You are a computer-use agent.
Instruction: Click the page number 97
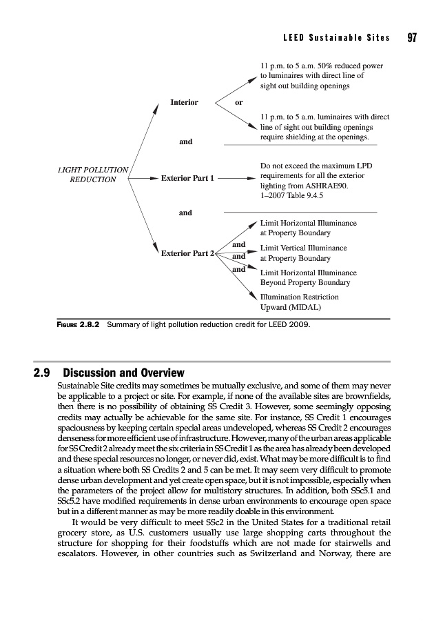tap(412, 37)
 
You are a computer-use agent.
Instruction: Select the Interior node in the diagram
tap(184, 102)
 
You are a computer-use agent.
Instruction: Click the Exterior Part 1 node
tap(188, 178)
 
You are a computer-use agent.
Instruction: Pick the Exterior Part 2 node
tap(188, 253)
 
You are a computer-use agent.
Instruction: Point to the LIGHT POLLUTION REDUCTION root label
tap(93, 174)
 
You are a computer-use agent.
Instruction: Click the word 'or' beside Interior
tap(238, 102)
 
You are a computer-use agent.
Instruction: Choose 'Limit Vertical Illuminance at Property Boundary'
tap(303, 253)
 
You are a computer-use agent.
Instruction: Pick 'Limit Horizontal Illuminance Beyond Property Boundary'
tap(308, 277)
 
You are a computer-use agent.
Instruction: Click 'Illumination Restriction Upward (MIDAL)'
tap(300, 302)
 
